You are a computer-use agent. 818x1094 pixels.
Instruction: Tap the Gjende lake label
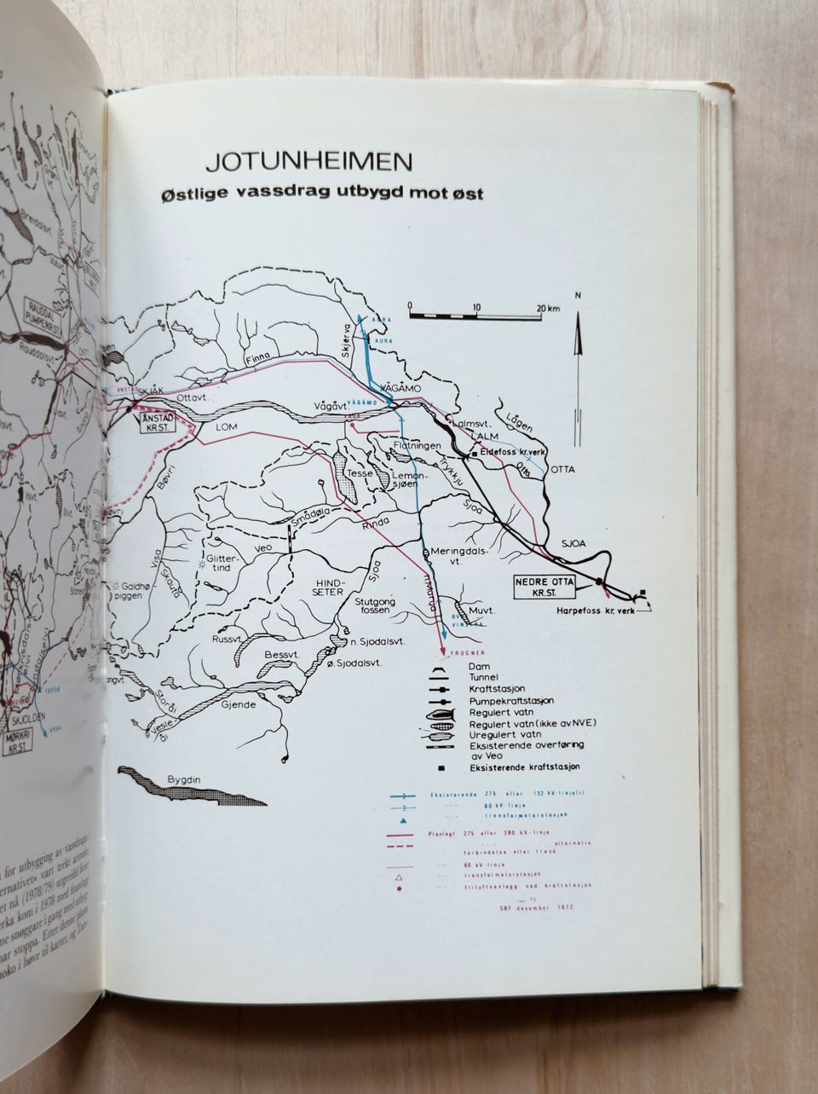point(239,706)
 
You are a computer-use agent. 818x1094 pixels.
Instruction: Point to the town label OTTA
point(562,470)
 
